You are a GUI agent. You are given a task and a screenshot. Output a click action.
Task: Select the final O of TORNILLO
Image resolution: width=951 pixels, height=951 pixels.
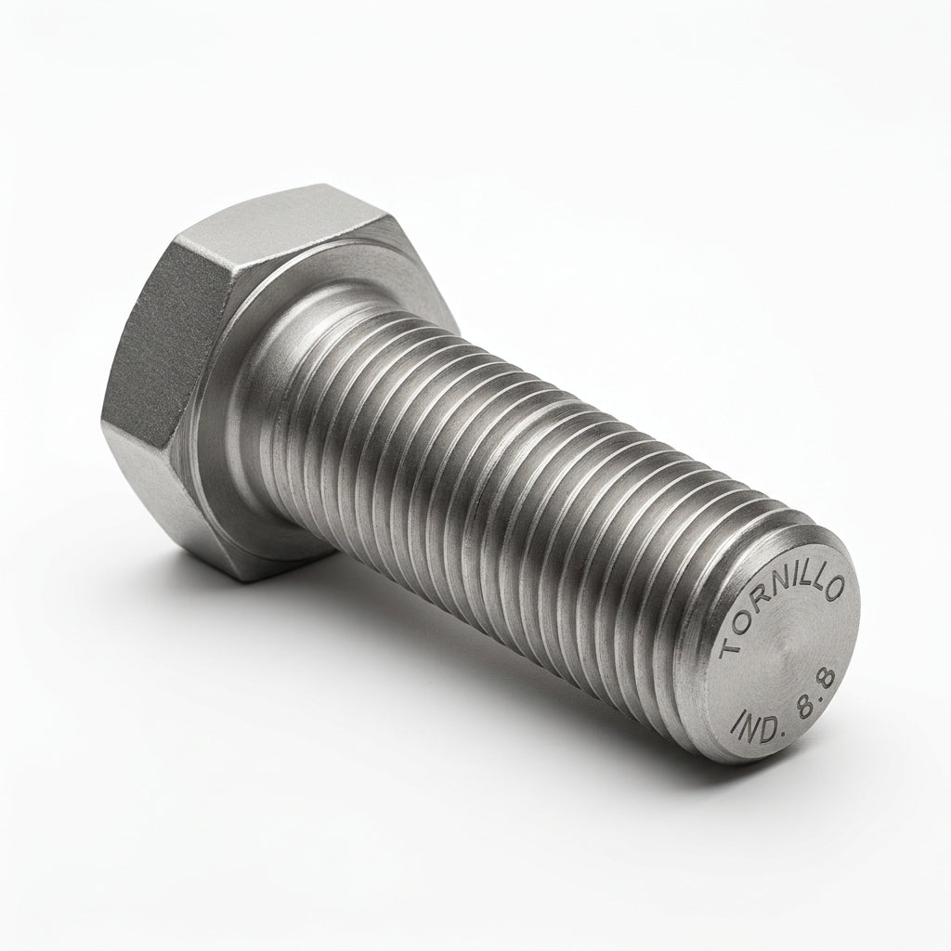point(833,588)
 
